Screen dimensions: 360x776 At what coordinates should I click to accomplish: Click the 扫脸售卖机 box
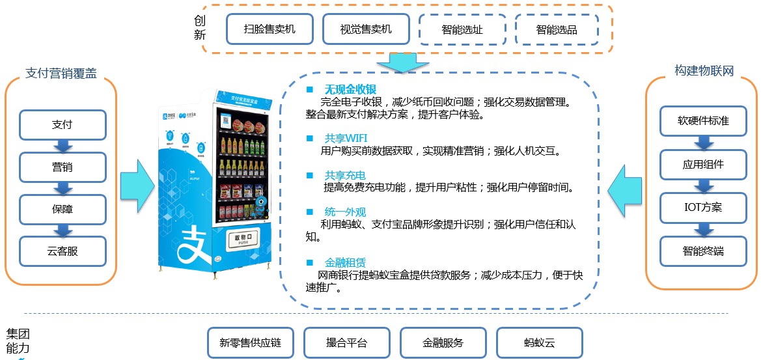pyautogui.click(x=270, y=29)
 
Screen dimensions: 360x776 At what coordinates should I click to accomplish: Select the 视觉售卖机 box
pyautogui.click(x=366, y=29)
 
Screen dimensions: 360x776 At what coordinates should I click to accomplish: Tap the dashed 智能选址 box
pyautogui.click(x=462, y=30)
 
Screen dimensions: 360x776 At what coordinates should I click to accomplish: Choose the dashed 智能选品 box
pyautogui.click(x=557, y=30)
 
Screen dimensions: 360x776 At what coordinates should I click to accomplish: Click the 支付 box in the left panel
pyautogui.click(x=62, y=125)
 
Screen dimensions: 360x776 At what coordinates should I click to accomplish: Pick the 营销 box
pyautogui.click(x=62, y=167)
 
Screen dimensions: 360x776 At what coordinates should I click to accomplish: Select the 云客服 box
pyautogui.click(x=62, y=251)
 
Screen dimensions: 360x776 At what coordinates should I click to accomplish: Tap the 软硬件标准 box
pyautogui.click(x=702, y=121)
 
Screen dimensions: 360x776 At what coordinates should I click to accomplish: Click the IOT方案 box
pyautogui.click(x=702, y=208)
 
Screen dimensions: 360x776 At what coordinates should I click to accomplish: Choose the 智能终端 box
pyautogui.click(x=702, y=251)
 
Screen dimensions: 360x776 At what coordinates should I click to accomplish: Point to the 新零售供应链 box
pyautogui.click(x=250, y=342)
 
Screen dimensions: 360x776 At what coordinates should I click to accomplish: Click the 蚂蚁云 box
pyautogui.click(x=539, y=342)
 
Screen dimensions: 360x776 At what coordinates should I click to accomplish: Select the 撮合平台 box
pyautogui.click(x=346, y=342)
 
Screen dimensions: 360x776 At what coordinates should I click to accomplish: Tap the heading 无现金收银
pyautogui.click(x=350, y=89)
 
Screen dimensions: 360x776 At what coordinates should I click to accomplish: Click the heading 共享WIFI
pyautogui.click(x=346, y=138)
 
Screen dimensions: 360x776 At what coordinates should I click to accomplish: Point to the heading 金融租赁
pyautogui.click(x=345, y=262)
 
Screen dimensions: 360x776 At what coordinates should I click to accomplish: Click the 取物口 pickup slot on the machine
pyautogui.click(x=243, y=241)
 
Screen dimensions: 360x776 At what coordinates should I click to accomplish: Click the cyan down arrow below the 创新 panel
pyautogui.click(x=404, y=62)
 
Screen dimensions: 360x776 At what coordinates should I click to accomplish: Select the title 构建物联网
pyautogui.click(x=704, y=71)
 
